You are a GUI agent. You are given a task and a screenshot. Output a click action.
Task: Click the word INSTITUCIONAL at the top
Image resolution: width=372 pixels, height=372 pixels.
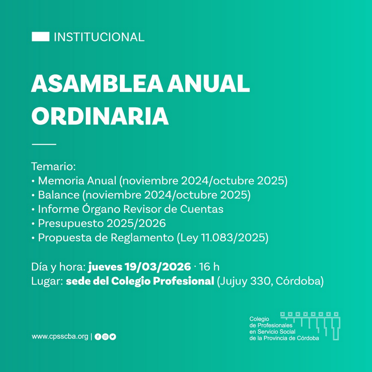pos(99,37)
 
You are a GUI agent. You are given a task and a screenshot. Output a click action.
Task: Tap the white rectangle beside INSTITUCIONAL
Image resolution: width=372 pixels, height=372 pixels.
pos(41,37)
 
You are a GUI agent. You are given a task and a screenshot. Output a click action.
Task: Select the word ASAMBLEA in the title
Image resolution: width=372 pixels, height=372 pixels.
pos(97,84)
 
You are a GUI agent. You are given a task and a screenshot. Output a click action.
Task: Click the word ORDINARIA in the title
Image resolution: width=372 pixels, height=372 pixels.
pos(100,116)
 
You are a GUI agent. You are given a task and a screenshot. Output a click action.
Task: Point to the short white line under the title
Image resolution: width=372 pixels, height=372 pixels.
pos(44,144)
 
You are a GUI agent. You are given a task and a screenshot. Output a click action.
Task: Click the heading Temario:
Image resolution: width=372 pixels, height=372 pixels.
pos(53,166)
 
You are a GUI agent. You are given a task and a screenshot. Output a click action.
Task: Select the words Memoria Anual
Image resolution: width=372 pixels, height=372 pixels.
pos(77,181)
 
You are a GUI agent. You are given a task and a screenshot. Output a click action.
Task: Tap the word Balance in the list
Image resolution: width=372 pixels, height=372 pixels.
pos(59,195)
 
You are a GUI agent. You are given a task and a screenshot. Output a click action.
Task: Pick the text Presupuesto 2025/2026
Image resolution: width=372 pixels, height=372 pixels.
pos(102,223)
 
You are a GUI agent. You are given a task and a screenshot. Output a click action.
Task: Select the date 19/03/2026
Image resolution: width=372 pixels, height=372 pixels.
pos(158,266)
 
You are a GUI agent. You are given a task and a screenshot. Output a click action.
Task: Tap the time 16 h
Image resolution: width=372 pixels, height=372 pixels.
pos(209,266)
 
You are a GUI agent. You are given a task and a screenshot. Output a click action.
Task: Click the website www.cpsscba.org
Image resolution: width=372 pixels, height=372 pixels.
pos(60,336)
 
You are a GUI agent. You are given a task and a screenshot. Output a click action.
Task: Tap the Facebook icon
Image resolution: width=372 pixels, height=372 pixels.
pos(98,337)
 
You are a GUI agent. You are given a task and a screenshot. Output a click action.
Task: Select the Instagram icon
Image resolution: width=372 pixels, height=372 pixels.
pos(106,337)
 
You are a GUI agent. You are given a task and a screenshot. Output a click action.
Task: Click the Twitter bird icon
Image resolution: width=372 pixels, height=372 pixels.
pos(113,337)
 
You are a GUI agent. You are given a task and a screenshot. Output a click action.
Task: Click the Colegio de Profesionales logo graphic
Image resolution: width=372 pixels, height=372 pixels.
pos(310,326)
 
